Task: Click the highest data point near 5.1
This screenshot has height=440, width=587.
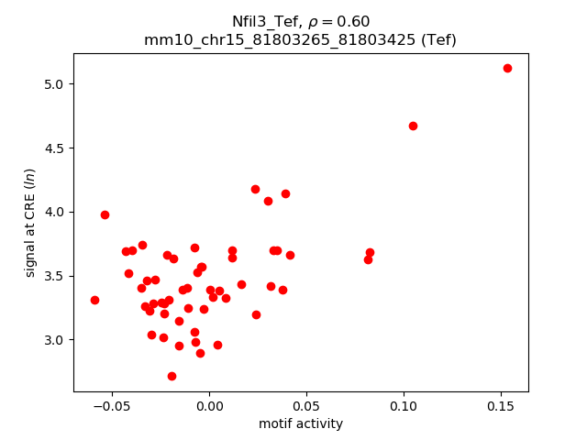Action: click(x=507, y=68)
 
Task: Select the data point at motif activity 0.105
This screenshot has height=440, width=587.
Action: click(x=413, y=126)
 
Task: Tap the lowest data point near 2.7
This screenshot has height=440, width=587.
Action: click(x=172, y=376)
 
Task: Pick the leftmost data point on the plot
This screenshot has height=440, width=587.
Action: click(x=94, y=300)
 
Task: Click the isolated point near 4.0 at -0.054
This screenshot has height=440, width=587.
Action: click(x=105, y=214)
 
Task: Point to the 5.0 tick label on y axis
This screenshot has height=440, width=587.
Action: click(x=56, y=84)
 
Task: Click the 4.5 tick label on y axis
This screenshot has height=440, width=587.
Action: click(x=56, y=148)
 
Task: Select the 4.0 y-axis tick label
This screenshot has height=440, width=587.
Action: click(x=56, y=212)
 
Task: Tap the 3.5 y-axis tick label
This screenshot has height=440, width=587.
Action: click(x=56, y=276)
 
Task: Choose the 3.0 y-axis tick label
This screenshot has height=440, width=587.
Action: click(x=56, y=340)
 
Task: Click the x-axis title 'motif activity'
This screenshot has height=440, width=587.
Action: click(x=301, y=423)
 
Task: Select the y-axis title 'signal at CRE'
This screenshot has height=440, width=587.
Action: click(x=30, y=222)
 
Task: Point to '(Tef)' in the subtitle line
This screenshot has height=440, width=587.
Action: click(x=436, y=39)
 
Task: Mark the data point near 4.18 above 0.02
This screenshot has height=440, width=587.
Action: click(x=255, y=189)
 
